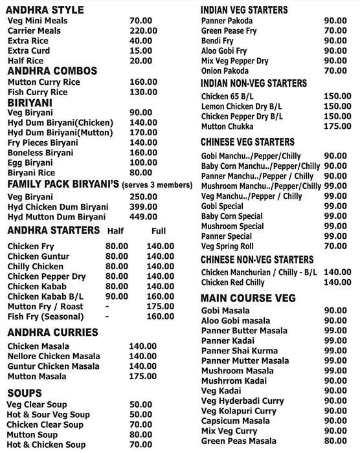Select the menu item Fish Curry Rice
click(x=38, y=93)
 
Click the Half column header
click(x=115, y=230)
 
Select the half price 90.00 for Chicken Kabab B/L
click(x=117, y=296)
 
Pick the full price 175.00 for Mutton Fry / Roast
click(x=161, y=306)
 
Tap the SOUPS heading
click(x=25, y=393)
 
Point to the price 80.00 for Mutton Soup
click(x=141, y=435)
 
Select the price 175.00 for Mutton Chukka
click(x=337, y=127)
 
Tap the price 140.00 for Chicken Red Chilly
click(x=337, y=283)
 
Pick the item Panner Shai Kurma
click(x=238, y=351)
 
